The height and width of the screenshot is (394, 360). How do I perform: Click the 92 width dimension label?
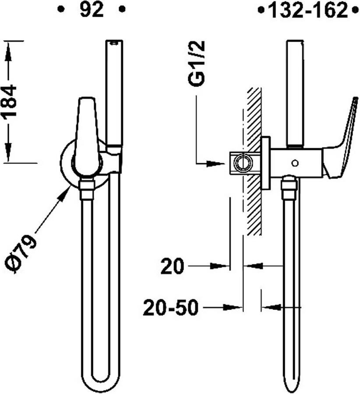click(92, 11)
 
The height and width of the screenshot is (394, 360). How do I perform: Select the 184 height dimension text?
click(9, 101)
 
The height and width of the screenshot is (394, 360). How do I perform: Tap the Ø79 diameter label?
click(21, 254)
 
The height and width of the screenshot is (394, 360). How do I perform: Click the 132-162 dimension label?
click(308, 11)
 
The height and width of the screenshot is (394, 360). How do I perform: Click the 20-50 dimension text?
click(170, 307)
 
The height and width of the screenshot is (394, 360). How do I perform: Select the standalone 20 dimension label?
click(172, 266)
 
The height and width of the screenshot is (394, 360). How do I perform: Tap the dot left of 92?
click(60, 10)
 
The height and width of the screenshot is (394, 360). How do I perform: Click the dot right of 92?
click(122, 10)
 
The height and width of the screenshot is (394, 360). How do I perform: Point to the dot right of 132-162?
click(355, 11)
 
